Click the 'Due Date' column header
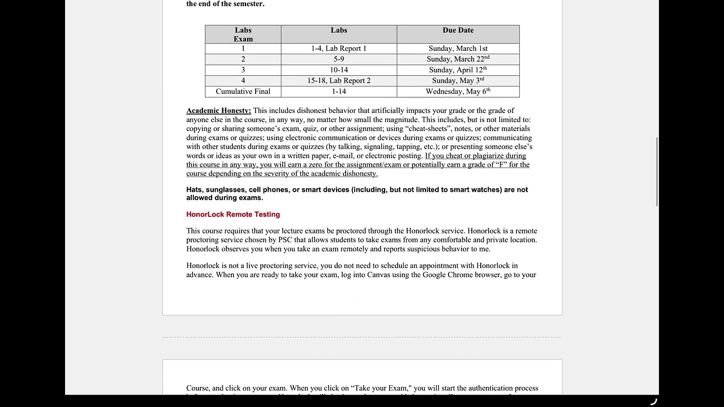click(458, 31)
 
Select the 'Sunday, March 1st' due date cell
click(458, 49)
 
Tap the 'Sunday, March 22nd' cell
click(458, 59)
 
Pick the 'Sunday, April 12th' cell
click(458, 70)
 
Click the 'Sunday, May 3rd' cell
click(458, 81)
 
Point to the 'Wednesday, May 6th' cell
click(458, 92)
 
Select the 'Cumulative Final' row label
click(243, 92)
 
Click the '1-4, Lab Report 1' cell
click(339, 49)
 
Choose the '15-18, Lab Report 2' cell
click(339, 81)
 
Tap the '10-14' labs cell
click(339, 70)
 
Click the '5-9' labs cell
click(339, 59)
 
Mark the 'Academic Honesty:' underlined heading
click(218, 111)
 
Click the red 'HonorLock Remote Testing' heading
click(233, 215)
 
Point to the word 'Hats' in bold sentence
click(194, 190)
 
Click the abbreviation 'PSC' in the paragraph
click(285, 240)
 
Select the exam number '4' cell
click(243, 81)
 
